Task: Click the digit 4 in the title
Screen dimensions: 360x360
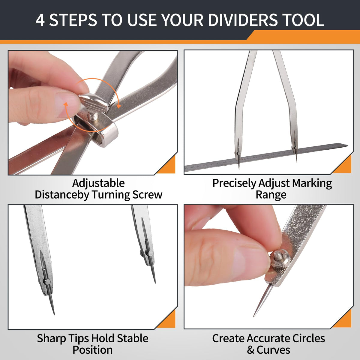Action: [x=40, y=20]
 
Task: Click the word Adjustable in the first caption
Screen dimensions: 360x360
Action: [x=98, y=183]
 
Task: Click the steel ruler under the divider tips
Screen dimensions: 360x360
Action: [x=265, y=157]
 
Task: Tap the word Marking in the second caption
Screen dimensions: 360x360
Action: [x=312, y=183]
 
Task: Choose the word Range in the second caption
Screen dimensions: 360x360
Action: [x=271, y=195]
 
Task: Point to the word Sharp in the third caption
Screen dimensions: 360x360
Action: [x=51, y=338]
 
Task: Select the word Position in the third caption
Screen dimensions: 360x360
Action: [x=93, y=350]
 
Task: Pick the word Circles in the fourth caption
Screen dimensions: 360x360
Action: [x=308, y=338]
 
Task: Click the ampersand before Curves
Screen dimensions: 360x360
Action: [x=250, y=350]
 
